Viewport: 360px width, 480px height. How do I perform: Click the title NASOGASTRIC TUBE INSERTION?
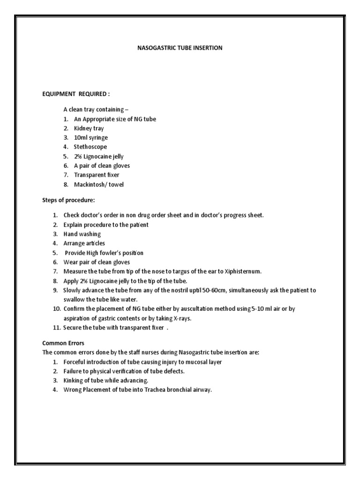coord(180,48)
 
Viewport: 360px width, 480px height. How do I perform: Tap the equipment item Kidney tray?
coord(89,128)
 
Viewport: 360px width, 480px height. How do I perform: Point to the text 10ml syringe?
coord(91,138)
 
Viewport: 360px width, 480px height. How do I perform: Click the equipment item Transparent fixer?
coord(97,175)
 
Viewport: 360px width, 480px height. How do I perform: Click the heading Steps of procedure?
coord(68,201)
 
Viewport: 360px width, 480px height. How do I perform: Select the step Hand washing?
coord(82,234)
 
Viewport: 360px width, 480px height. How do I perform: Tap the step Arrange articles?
coord(84,243)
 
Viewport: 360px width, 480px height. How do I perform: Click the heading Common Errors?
coord(63,343)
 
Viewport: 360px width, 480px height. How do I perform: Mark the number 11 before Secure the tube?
coord(56,328)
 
